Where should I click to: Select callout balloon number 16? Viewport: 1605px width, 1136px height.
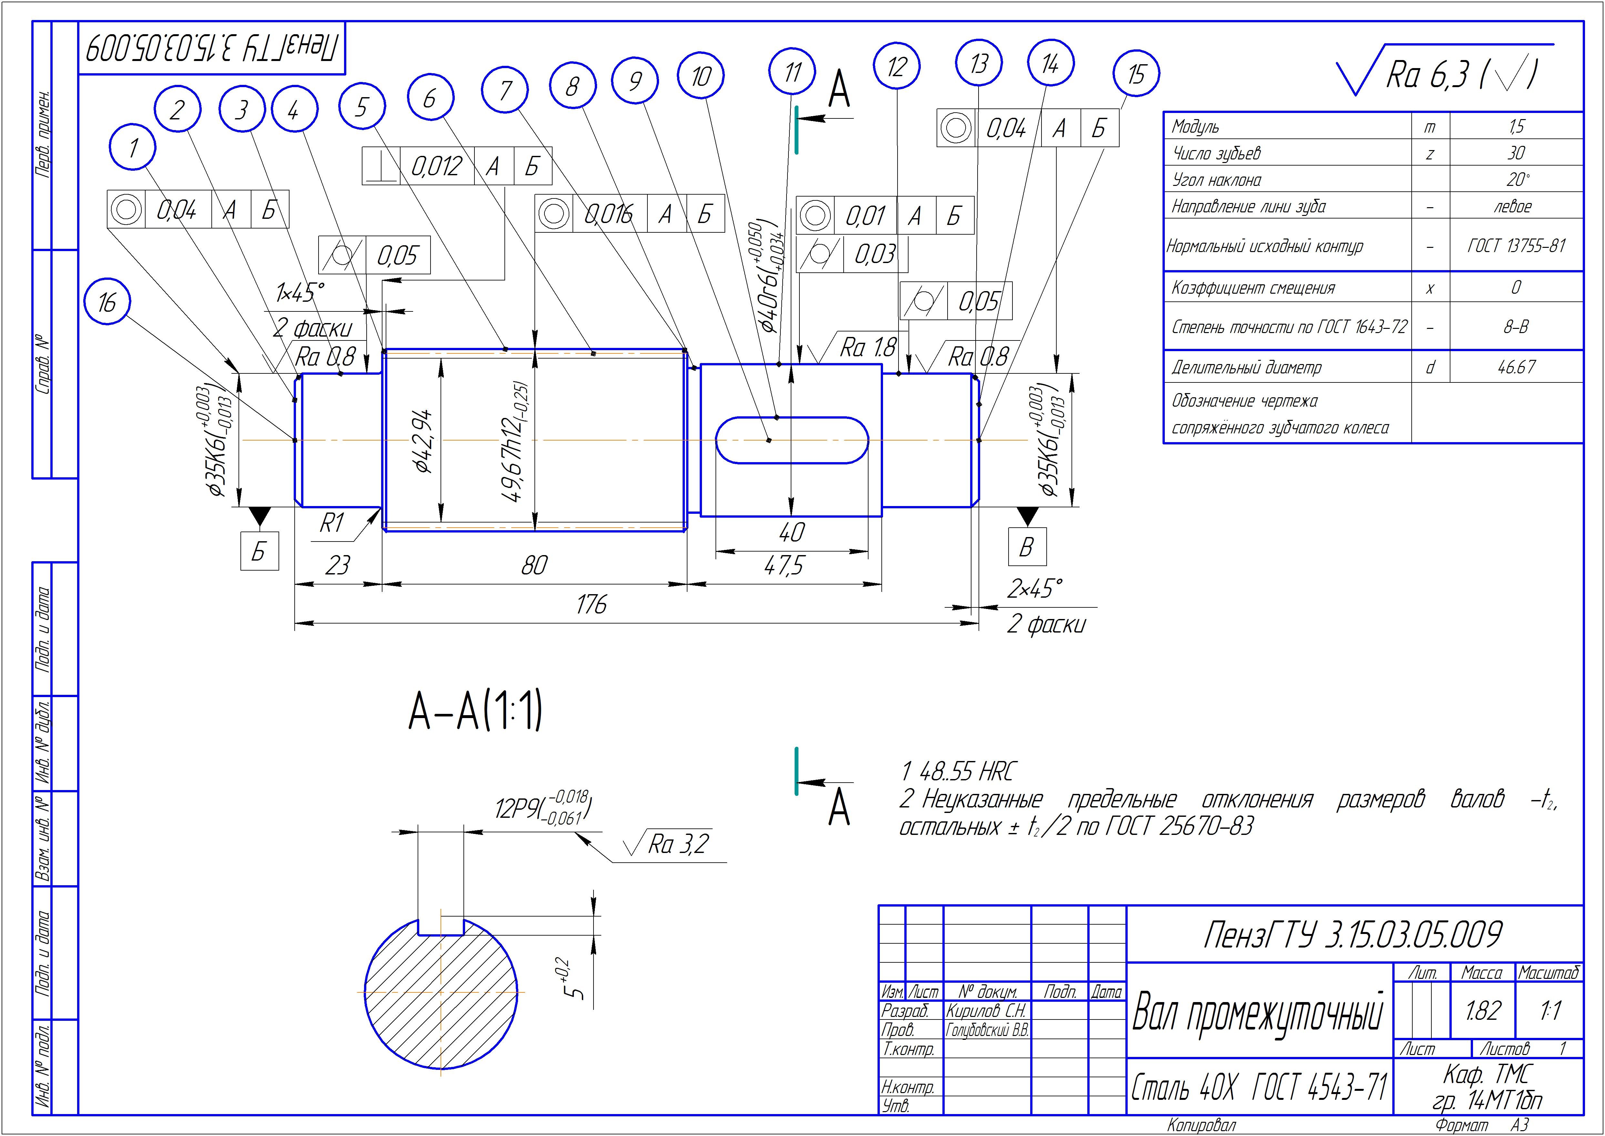[106, 303]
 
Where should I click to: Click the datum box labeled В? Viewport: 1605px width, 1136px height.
[1027, 546]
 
